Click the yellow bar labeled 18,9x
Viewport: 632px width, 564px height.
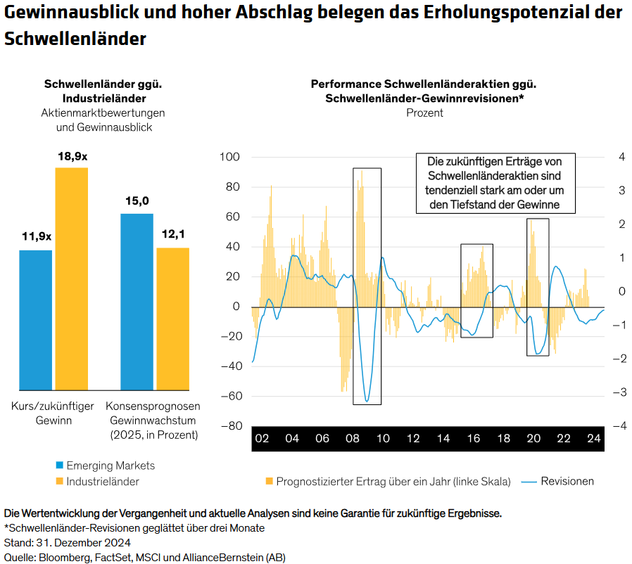pos(72,278)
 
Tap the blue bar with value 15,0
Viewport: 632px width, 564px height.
pos(137,302)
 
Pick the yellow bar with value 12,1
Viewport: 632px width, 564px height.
pos(172,319)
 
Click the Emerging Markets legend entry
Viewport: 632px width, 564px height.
pos(106,466)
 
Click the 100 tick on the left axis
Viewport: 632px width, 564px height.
pos(230,157)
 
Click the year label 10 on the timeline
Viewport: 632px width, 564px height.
pos(383,439)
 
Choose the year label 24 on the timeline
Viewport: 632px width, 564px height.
pos(593,439)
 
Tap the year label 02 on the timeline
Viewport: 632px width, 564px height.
pos(262,439)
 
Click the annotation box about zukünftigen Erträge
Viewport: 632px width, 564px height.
pos(495,183)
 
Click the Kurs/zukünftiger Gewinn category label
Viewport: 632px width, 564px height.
pos(53,414)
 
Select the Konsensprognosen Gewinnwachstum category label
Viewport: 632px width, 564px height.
pos(153,421)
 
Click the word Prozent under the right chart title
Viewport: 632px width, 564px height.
pos(424,113)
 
